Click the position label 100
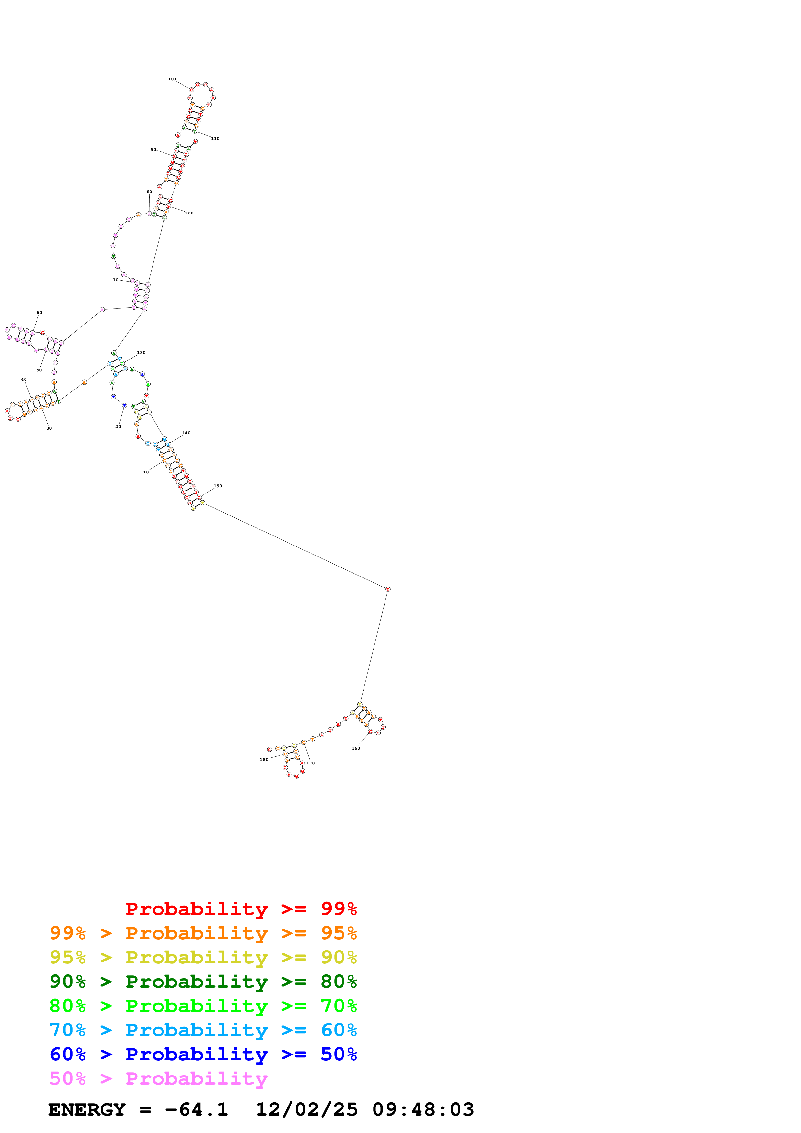pyautogui.click(x=172, y=79)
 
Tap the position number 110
pyautogui.click(x=215, y=139)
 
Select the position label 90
pyautogui.click(x=153, y=150)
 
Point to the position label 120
pyautogui.click(x=189, y=213)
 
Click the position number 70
pyautogui.click(x=115, y=280)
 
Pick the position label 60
pyautogui.click(x=39, y=312)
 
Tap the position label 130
pyautogui.click(x=141, y=353)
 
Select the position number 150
pyautogui.click(x=218, y=486)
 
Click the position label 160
pyautogui.click(x=356, y=748)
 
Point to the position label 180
pyautogui.click(x=264, y=759)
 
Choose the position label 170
pyautogui.click(x=311, y=763)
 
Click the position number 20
pyautogui.click(x=118, y=426)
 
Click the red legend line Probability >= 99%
pyautogui.click(x=241, y=909)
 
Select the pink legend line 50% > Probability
pyautogui.click(x=158, y=1079)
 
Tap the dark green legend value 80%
pyautogui.click(x=339, y=982)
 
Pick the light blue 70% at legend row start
pyautogui.click(x=68, y=1030)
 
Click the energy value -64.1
pyautogui.click(x=196, y=1109)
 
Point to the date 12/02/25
pyautogui.click(x=307, y=1109)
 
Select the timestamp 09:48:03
pyautogui.click(x=423, y=1109)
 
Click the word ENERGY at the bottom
pyautogui.click(x=87, y=1109)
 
